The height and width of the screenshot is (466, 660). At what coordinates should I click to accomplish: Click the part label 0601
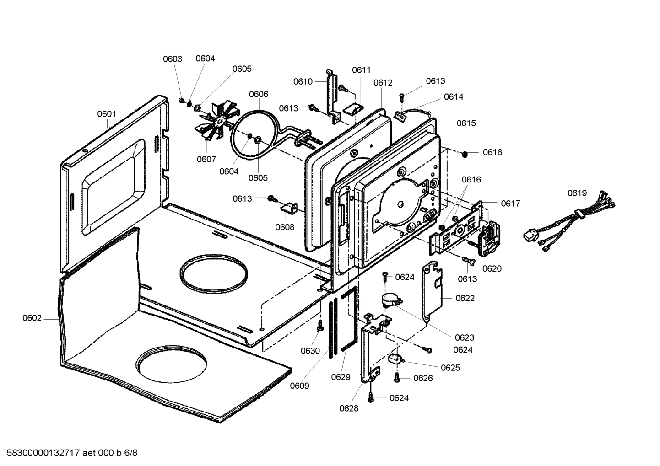[x=106, y=114]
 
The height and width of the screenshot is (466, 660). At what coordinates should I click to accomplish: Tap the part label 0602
[x=32, y=318]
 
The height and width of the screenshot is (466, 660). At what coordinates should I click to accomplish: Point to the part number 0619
[x=577, y=193]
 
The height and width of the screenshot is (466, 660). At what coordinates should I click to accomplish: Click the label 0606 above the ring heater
[x=259, y=94]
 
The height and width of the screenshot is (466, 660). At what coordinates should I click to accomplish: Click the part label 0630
[x=310, y=351]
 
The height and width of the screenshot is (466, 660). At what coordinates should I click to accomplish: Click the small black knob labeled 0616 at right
[x=465, y=153]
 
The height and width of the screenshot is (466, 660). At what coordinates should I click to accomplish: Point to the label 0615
[x=466, y=123]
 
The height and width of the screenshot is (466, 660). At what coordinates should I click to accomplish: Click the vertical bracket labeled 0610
[x=331, y=94]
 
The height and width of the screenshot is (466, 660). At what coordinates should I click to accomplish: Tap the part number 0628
[x=349, y=408]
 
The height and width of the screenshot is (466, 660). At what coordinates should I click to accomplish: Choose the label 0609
[x=299, y=386]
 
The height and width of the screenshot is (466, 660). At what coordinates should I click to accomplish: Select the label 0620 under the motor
[x=492, y=268]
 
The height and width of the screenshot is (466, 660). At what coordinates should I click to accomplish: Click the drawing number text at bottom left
[x=69, y=453]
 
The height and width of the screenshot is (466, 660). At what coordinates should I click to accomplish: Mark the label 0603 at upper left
[x=173, y=59]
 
